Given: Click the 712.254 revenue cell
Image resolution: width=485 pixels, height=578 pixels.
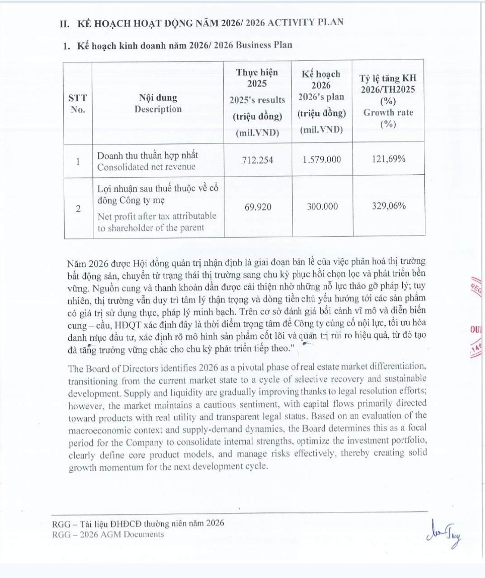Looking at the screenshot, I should (x=257, y=160).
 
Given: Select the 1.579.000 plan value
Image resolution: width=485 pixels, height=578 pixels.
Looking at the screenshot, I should (x=322, y=159).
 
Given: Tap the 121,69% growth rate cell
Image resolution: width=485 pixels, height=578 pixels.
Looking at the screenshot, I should (x=388, y=159).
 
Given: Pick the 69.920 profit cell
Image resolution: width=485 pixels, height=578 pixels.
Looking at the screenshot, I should (x=258, y=207).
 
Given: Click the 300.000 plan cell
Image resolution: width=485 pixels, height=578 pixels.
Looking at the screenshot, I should (x=322, y=207).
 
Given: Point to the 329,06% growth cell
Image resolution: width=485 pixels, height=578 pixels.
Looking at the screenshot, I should (x=389, y=206).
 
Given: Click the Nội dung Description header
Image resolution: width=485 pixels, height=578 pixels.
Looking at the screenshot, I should (x=158, y=103).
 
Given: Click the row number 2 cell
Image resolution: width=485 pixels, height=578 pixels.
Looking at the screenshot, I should (x=78, y=209).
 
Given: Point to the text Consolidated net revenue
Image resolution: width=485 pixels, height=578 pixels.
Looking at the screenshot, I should (x=146, y=167).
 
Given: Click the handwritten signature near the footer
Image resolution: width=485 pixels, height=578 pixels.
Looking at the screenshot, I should (x=445, y=533).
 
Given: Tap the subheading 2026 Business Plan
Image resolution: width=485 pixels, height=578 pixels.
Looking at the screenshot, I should (x=253, y=45).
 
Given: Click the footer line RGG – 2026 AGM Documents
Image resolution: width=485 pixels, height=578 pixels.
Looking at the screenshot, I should (x=108, y=534).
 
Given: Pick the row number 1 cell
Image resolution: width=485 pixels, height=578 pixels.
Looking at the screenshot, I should (x=78, y=162).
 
